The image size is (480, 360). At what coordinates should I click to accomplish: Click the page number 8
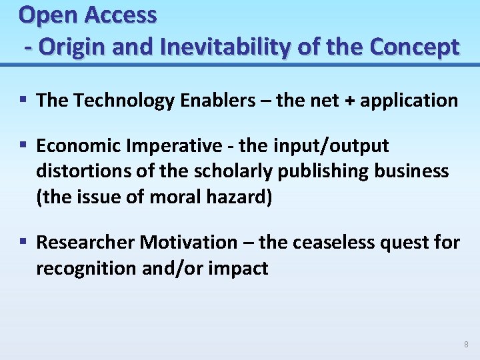click(x=466, y=345)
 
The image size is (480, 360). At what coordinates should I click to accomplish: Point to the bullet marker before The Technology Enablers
click(x=23, y=100)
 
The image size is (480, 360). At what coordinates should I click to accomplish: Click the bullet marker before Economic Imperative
click(x=23, y=145)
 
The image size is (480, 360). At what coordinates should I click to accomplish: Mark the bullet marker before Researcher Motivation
click(x=23, y=242)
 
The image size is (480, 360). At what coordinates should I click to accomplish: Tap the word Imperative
click(x=180, y=146)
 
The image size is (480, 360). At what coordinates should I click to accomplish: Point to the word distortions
click(x=77, y=171)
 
